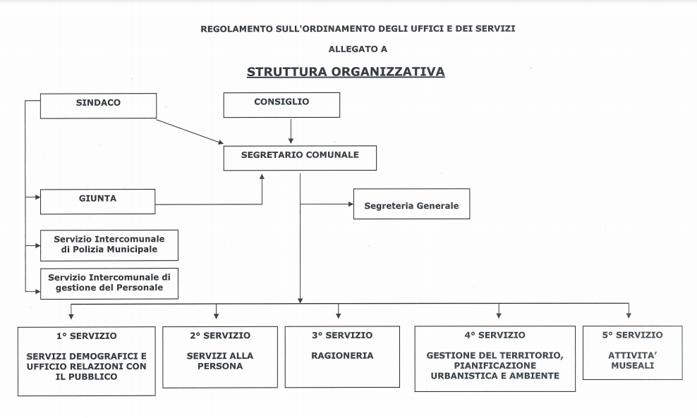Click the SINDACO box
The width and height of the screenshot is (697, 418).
click(x=98, y=105)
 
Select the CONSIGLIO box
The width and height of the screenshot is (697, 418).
click(x=281, y=104)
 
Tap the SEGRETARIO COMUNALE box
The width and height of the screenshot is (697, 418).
click(x=300, y=157)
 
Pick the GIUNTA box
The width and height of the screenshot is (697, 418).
click(x=97, y=201)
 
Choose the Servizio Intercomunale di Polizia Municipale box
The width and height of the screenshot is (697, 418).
click(x=109, y=245)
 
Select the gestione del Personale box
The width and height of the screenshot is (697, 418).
click(x=109, y=283)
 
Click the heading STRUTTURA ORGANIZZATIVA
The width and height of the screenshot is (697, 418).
click(x=346, y=72)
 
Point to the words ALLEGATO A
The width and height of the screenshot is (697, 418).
click(x=358, y=49)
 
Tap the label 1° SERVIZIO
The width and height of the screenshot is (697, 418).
click(x=87, y=336)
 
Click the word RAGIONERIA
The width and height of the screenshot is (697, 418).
click(x=342, y=356)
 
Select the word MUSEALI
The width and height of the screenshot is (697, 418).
click(x=632, y=366)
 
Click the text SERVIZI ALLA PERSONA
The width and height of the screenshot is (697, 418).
click(x=220, y=361)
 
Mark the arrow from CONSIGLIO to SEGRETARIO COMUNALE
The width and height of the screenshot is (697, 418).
click(x=291, y=131)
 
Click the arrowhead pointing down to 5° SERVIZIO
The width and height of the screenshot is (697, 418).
click(x=629, y=314)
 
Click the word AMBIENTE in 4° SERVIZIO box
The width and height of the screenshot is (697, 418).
click(x=535, y=376)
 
